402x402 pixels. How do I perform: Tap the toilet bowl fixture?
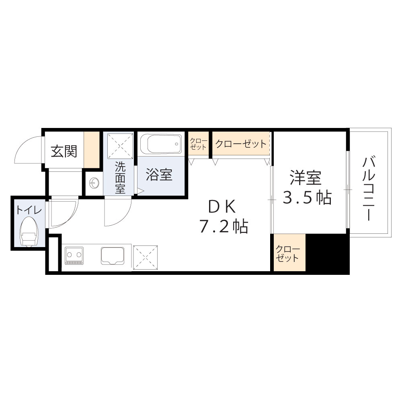click(29, 231)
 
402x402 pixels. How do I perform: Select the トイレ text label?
click(29, 210)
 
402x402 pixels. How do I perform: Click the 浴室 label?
click(159, 175)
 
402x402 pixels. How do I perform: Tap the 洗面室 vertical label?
click(120, 177)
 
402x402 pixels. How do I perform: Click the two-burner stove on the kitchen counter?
click(74, 256)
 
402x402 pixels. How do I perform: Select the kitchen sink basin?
click(114, 256)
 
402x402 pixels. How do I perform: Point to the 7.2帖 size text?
click(224, 227)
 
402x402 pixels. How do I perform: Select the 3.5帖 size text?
click(307, 197)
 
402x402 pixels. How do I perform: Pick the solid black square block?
click(327, 253)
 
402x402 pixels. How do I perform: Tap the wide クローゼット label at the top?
click(240, 144)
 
